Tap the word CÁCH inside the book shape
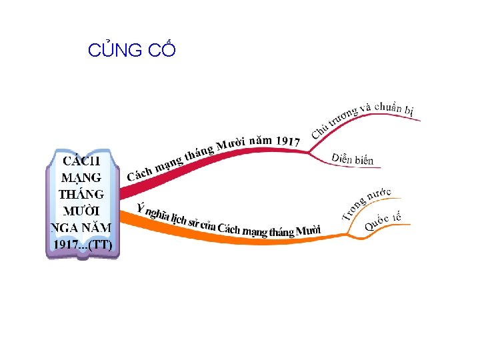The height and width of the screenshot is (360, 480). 81,161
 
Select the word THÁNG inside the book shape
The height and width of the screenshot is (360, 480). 81,195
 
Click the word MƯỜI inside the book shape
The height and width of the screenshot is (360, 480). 81,211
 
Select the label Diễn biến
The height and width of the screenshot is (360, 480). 353,159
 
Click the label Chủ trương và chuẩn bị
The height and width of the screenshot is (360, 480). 365,117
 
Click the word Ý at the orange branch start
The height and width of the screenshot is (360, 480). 140,207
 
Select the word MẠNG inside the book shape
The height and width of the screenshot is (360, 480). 81,178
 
